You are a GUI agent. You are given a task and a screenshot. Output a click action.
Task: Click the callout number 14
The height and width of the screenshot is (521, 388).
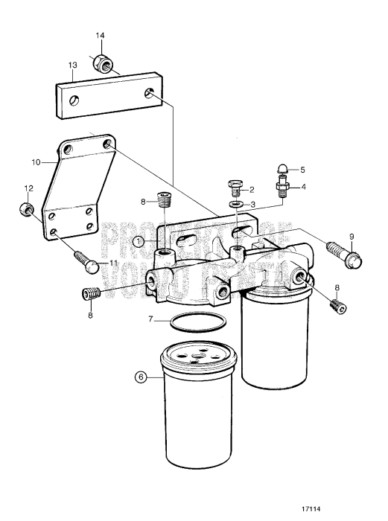(101, 36)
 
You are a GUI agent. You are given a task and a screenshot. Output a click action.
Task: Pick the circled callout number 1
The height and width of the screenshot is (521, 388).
(139, 241)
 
